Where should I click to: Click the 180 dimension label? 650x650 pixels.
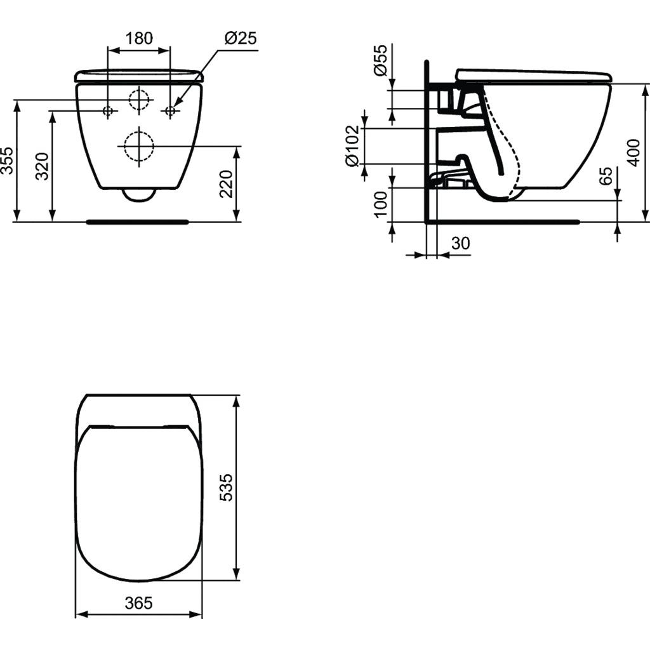point(138,39)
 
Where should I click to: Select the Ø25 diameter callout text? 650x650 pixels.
point(241,39)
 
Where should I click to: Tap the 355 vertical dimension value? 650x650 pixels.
point(7,162)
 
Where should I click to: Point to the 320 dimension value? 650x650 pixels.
point(42,166)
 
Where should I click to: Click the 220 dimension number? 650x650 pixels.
point(227,184)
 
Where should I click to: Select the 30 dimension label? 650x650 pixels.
point(460,243)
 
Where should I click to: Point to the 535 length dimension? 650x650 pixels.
point(227,487)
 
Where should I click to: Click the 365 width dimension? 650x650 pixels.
point(138,602)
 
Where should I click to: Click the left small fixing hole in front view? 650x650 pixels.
point(108,111)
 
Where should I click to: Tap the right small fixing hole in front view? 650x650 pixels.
point(169,111)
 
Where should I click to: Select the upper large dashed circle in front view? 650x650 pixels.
point(139,100)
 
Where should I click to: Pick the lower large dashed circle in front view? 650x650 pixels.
point(139,147)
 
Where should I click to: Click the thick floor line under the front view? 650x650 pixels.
point(137,222)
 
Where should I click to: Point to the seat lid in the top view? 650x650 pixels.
point(138,501)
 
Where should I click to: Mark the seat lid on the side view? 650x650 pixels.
point(533,76)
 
